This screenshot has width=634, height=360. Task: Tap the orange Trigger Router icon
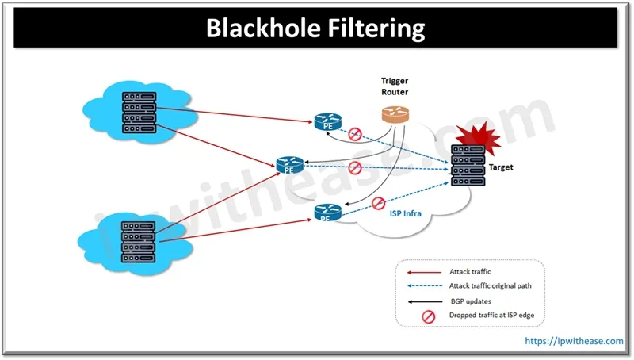[393, 114]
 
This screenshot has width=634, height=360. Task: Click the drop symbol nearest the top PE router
[357, 132]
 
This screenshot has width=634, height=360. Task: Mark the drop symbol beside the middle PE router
[355, 167]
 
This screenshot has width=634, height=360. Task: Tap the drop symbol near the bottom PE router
[378, 203]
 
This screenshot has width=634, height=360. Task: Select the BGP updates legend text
[471, 301]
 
